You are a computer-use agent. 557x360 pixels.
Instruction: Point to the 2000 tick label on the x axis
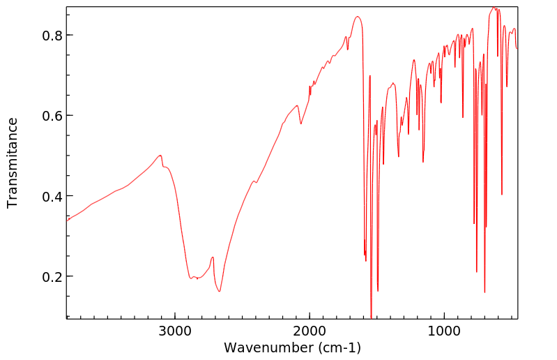click(310, 330)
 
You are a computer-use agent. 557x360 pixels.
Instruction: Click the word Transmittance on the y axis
click(13, 163)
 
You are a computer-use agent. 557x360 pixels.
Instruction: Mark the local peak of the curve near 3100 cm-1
click(161, 155)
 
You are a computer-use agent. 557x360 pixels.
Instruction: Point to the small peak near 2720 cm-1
click(213, 257)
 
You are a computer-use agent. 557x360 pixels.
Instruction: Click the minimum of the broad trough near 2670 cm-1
click(220, 291)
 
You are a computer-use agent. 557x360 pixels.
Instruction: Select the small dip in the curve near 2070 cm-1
click(300, 124)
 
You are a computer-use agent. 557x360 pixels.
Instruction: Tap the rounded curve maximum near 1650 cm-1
click(357, 17)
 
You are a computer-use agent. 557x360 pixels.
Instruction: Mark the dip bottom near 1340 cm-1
click(399, 157)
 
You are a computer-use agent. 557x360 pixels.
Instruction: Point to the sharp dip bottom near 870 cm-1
click(463, 117)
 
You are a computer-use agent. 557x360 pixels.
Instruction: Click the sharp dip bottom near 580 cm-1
click(502, 195)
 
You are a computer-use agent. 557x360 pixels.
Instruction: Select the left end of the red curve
click(67, 220)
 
